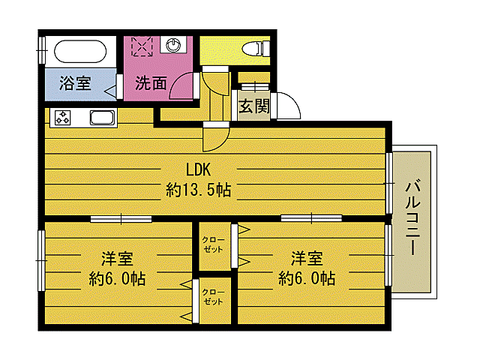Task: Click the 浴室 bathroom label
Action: coord(75,83)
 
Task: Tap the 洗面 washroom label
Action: coord(151,83)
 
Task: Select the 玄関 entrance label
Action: coord(254,106)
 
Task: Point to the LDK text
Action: coord(198,169)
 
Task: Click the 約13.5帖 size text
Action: coord(198,190)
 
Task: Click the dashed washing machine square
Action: coord(142,45)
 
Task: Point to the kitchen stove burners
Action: coord(61,117)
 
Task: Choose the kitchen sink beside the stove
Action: coord(101,117)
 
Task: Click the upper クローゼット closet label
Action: coord(212,244)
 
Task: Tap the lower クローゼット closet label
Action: coord(212,297)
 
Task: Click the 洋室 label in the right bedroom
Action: coord(307,259)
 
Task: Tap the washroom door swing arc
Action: coord(184,84)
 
